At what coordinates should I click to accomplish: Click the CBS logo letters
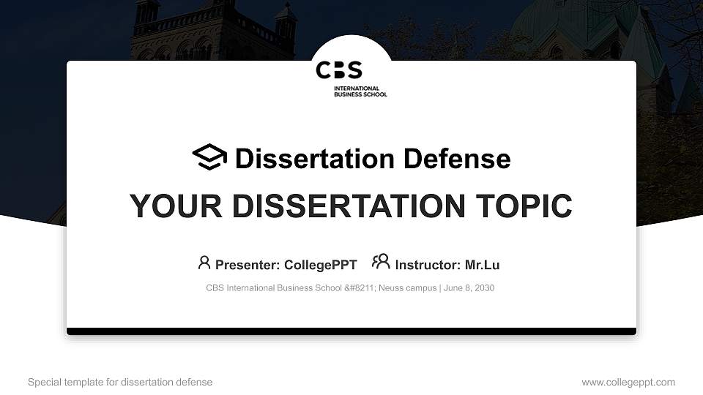click(339, 70)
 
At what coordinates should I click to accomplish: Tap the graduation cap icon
click(209, 157)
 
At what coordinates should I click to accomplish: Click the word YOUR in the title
click(165, 206)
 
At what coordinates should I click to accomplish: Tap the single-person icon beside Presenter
click(204, 263)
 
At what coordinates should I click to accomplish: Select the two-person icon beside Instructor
click(381, 262)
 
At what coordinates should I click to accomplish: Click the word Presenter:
click(247, 265)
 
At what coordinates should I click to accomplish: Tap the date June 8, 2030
click(469, 288)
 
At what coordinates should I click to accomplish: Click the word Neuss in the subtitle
click(393, 288)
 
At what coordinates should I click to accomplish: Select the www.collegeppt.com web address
click(628, 383)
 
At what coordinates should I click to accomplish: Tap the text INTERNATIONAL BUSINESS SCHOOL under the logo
click(360, 91)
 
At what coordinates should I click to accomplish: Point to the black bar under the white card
click(351, 331)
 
